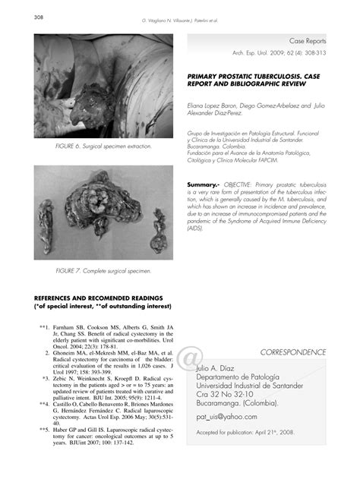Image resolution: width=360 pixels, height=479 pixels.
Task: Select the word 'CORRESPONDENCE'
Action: pyautogui.click(x=292, y=352)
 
